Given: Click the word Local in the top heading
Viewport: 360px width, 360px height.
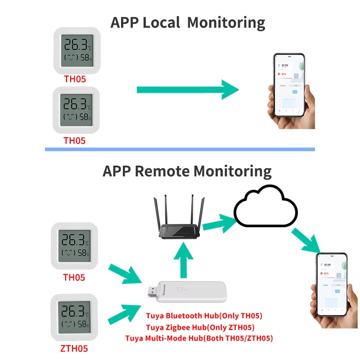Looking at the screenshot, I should click(x=162, y=22).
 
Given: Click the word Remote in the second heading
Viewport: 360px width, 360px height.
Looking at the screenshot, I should click(x=163, y=171).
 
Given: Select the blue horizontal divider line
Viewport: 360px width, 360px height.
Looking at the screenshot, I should click(x=180, y=149).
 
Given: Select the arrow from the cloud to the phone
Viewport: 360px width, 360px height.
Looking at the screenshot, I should click(x=306, y=241).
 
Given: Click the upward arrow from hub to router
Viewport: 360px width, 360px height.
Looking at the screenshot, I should click(x=183, y=261).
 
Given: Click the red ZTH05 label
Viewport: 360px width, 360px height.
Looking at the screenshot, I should click(x=74, y=348).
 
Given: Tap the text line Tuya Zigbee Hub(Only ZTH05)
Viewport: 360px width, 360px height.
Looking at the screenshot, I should click(x=200, y=327).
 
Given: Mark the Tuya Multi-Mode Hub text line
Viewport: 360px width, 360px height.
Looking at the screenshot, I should click(x=199, y=338).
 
